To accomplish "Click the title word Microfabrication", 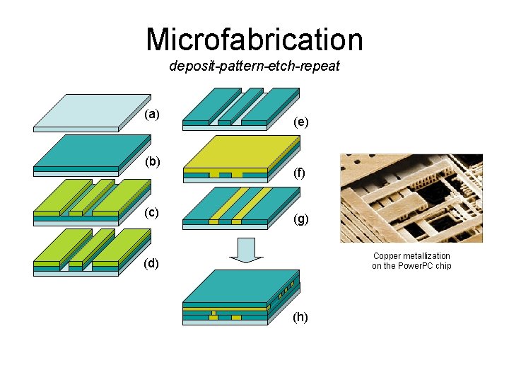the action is point(254,40).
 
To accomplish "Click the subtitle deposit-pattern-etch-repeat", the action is point(255,66).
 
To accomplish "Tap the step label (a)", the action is point(152,114).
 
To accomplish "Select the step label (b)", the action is point(153,161).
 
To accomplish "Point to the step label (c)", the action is point(152,212).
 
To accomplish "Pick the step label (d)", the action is point(152,264).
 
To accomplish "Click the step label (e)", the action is point(301,122).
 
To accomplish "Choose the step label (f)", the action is point(300,172).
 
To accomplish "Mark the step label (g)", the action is point(301,219).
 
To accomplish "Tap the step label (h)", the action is point(301,317).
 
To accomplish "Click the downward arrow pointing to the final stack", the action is point(245,250).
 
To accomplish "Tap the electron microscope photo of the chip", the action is point(411,198).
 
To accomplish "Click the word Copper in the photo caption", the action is point(387,256).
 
